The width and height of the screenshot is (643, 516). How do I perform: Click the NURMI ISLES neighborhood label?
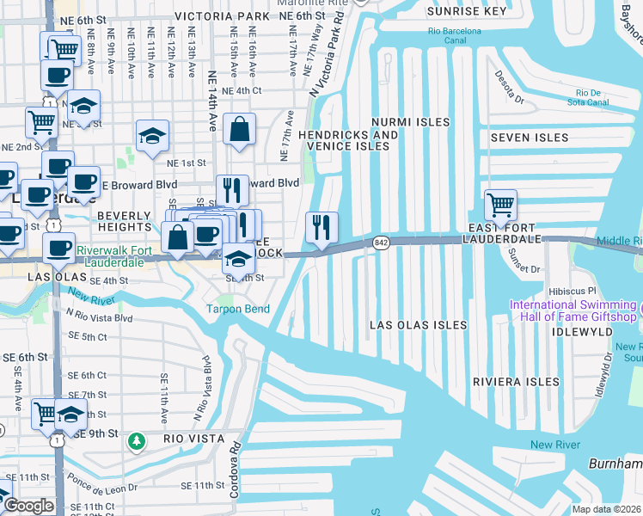[x=410, y=122]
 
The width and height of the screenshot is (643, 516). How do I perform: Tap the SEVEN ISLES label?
[x=529, y=138]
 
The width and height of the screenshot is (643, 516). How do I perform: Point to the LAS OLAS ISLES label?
[x=418, y=325]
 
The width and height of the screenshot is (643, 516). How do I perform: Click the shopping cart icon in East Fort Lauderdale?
[x=500, y=206]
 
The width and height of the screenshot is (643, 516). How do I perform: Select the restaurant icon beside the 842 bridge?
[x=322, y=228]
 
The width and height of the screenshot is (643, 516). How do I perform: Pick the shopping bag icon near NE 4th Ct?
[x=240, y=130]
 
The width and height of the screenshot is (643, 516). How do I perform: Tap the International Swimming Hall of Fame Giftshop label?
[x=574, y=311]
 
